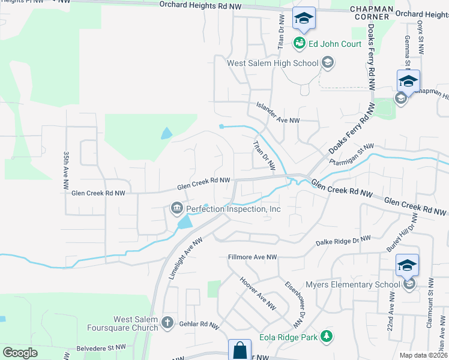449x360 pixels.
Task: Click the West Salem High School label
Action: pos(272,62)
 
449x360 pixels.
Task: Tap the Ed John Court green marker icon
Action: pos(299,43)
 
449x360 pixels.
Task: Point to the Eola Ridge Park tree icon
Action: pos(326,337)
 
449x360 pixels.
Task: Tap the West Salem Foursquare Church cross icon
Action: pos(170,323)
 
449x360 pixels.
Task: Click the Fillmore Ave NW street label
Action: pos(253,257)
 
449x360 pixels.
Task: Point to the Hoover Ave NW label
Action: pos(253,290)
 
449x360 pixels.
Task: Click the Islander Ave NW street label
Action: pos(278,119)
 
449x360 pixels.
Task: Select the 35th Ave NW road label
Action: pos(67,172)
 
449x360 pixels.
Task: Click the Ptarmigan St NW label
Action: pos(351,155)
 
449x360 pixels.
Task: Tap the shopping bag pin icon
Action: pos(239,349)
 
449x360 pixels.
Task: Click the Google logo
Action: pos(19,353)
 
